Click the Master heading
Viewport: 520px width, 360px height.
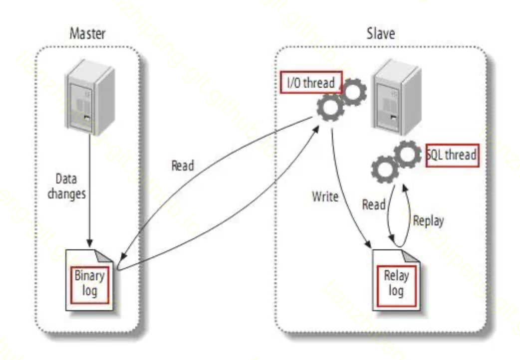(x=87, y=34)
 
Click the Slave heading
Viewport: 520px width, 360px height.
(x=380, y=34)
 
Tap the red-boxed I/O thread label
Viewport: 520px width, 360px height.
(x=311, y=83)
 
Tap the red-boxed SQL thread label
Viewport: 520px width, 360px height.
(x=452, y=155)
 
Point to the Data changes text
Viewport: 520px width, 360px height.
(x=66, y=186)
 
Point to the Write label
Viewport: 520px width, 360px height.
(x=325, y=196)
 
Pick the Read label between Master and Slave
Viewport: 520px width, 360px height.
(x=182, y=166)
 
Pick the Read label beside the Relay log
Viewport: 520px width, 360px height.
(x=373, y=204)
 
